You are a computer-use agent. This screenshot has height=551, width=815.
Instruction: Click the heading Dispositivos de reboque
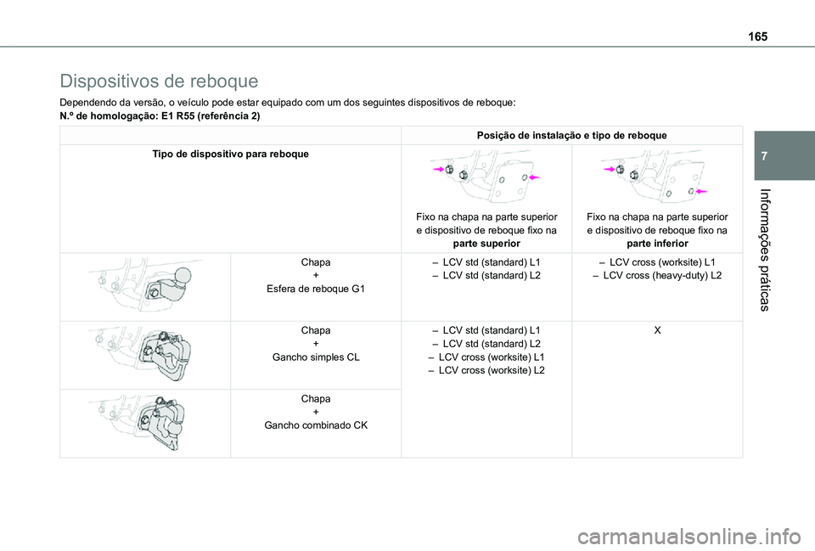click(159, 82)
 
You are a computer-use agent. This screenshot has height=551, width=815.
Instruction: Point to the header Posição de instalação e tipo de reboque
click(571, 136)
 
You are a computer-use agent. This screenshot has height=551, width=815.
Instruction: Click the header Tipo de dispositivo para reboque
click(230, 154)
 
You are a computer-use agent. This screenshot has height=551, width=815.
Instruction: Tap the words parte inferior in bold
click(656, 244)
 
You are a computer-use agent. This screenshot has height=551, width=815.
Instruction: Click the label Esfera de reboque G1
click(315, 289)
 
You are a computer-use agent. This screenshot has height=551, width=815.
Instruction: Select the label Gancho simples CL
click(315, 357)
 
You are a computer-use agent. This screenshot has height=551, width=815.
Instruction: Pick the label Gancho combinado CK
click(315, 425)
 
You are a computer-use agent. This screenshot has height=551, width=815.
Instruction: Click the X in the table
click(656, 329)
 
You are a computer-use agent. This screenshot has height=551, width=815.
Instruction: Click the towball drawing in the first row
click(144, 282)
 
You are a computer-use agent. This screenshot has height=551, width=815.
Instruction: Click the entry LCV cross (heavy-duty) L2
click(656, 277)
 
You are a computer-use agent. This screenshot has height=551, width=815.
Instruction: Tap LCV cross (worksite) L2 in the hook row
click(486, 371)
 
